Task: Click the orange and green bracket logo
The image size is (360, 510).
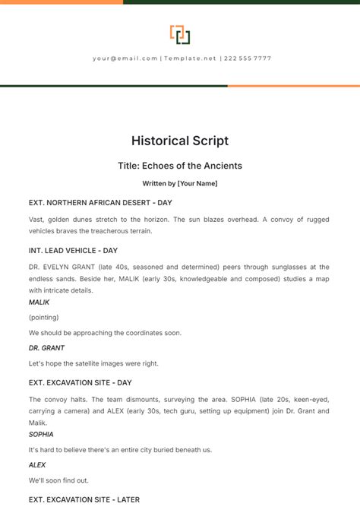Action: click(180, 35)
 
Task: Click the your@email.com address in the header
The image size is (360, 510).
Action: click(125, 59)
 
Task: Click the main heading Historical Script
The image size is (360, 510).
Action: click(180, 141)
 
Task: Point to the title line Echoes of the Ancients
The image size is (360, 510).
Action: click(180, 165)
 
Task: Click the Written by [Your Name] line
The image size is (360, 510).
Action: click(180, 183)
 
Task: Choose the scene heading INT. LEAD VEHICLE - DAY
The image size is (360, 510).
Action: click(73, 250)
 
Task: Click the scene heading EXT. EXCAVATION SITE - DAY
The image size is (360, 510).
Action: click(81, 382)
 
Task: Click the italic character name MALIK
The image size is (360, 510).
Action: click(39, 303)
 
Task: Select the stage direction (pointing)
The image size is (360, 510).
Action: click(43, 317)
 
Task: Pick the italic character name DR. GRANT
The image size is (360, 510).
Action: click(46, 347)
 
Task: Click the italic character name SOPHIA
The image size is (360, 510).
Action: click(41, 434)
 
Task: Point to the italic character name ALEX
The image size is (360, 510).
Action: click(37, 464)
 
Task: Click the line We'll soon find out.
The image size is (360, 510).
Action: click(58, 480)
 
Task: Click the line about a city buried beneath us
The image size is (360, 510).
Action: click(120, 449)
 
